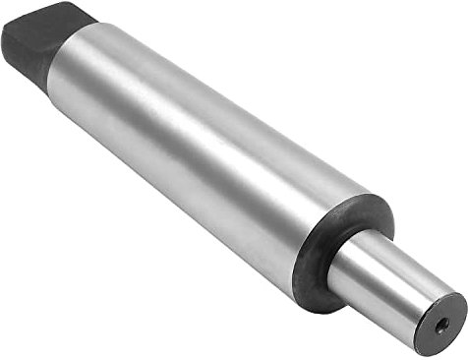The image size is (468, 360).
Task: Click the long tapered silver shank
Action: pos(197,148)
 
